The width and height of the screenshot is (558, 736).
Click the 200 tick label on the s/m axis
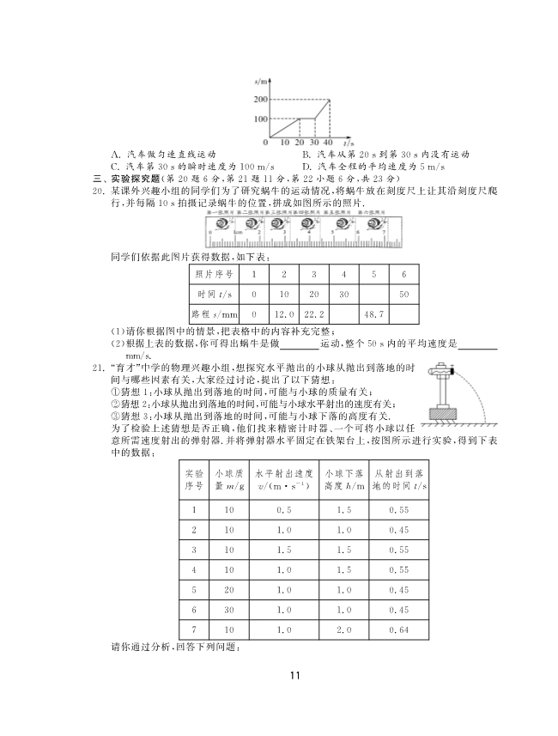coord(260,100)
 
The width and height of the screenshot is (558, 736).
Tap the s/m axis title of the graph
coord(261,81)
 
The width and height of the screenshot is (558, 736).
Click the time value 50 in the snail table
coord(403,294)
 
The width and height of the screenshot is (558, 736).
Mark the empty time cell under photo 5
coord(373,294)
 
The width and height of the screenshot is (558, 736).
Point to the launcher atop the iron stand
coord(443,371)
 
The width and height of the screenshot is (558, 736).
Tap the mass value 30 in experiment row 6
coord(228,609)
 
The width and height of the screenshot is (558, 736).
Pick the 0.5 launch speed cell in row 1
coord(284,508)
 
